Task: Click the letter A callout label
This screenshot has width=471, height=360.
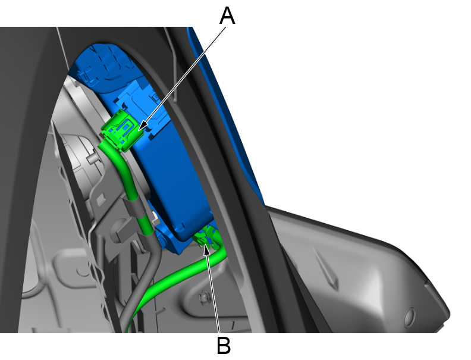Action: click(227, 15)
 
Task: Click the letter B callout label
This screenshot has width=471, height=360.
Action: click(224, 345)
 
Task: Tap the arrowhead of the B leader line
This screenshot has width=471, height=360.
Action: click(206, 248)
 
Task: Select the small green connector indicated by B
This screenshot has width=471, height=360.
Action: click(204, 239)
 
